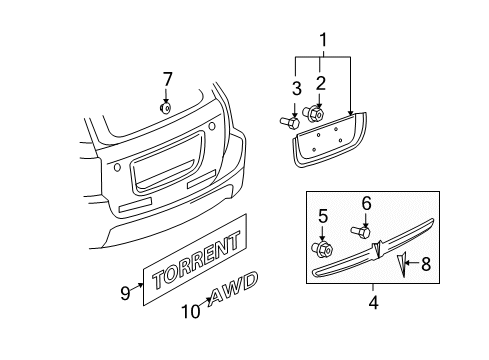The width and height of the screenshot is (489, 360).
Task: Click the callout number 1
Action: point(323,40)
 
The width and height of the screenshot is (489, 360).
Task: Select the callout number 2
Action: point(320,83)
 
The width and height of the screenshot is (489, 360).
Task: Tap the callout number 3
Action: point(296,88)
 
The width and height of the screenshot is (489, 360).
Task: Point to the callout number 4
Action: point(374,303)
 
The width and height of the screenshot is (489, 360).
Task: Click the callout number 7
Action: point(167,79)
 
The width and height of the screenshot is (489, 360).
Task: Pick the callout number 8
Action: point(426,264)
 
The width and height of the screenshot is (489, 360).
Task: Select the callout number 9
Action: point(125,293)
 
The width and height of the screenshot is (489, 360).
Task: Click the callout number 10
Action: point(191,311)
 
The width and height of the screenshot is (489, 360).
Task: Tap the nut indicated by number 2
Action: point(313,114)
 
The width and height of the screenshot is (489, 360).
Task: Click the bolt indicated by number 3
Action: point(289,122)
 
